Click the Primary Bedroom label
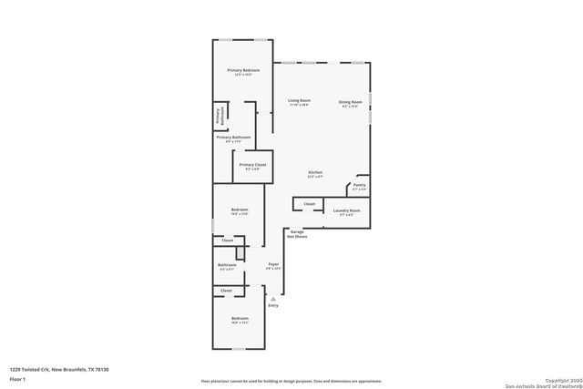tap(243, 70)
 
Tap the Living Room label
tap(300, 100)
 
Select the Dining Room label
tap(351, 101)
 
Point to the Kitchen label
tap(315, 172)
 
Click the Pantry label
tap(360, 185)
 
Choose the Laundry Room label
tap(347, 210)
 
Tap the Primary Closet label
tap(251, 165)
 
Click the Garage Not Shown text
tap(297, 234)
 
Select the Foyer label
tap(273, 264)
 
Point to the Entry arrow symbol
tap(273, 298)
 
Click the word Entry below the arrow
tap(273, 305)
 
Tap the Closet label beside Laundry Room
tap(310, 203)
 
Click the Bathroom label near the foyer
tap(227, 265)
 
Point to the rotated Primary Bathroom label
tap(219, 116)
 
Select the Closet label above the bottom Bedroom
tap(227, 291)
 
